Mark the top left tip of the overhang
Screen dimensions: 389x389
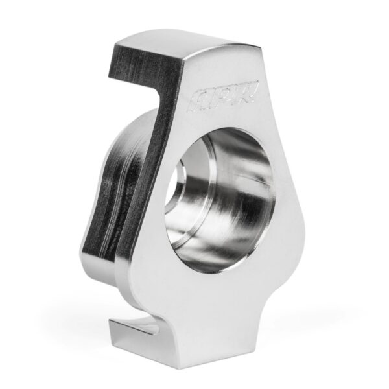pos(117,43)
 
